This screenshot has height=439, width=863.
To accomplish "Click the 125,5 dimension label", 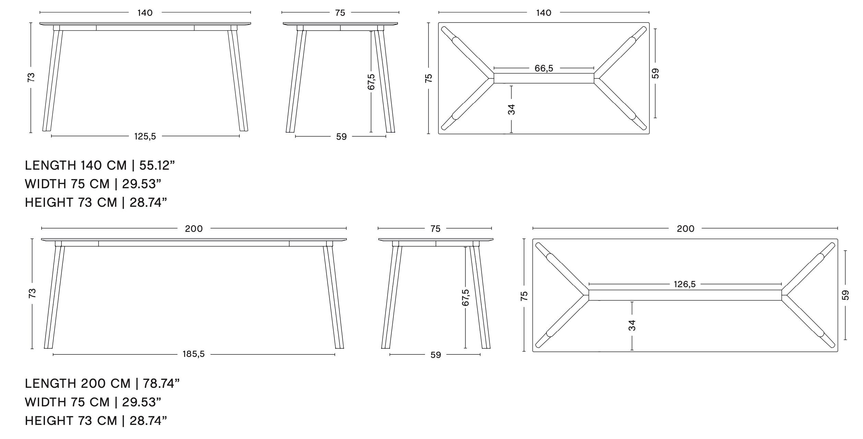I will [x=145, y=137].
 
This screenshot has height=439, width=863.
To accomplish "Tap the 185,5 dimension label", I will [x=193, y=354].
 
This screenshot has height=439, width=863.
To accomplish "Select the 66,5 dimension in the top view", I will [x=544, y=68].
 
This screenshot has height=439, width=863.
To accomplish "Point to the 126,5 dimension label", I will [x=684, y=284].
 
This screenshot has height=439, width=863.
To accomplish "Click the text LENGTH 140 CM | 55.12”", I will [x=100, y=166].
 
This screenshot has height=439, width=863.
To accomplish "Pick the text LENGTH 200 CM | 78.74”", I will [x=102, y=383].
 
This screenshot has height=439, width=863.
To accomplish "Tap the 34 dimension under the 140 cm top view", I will [x=511, y=109].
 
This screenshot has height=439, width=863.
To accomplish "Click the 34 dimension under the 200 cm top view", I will [x=632, y=325].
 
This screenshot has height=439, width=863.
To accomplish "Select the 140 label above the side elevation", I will [x=145, y=13].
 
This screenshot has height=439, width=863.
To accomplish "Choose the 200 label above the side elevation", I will [x=194, y=229].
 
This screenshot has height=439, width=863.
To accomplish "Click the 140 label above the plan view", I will [x=544, y=13].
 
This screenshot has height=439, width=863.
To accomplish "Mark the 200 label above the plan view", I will [x=685, y=229].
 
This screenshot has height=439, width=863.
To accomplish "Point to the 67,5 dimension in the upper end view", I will [x=371, y=82].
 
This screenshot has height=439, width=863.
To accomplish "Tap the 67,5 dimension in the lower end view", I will [x=465, y=297].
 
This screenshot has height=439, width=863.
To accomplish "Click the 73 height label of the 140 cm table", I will [x=31, y=77].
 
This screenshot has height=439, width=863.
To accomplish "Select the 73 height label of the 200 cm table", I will [x=32, y=293].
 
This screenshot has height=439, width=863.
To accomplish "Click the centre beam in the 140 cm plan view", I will [x=544, y=78].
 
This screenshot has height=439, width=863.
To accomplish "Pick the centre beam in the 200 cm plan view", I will [x=685, y=295].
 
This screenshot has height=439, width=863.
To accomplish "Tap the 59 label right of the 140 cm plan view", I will [x=655, y=73].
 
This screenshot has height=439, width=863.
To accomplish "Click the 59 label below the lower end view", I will [x=435, y=355].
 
